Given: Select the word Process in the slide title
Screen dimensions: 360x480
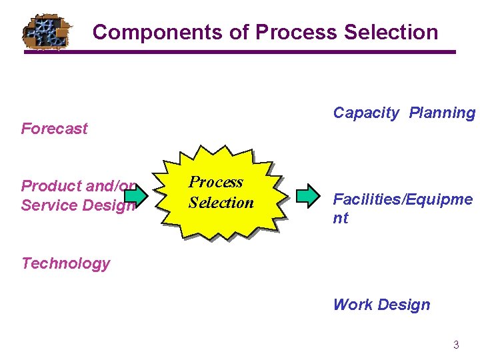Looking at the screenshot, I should (x=294, y=32).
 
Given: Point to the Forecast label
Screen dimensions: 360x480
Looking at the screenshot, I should (x=54, y=129).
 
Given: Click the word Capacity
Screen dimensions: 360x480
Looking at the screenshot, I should (x=365, y=113).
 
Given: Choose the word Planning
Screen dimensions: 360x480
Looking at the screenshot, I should (x=442, y=113).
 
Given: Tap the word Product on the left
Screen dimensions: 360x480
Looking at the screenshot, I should (x=48, y=185).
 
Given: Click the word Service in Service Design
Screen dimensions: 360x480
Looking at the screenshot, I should (x=48, y=205).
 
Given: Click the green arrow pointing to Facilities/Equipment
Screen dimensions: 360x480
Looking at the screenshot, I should (x=308, y=195).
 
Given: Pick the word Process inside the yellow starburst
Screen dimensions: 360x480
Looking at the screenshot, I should (x=215, y=182).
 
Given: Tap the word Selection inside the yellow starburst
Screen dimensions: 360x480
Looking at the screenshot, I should (x=221, y=203).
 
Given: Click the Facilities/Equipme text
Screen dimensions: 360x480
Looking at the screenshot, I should (x=403, y=199).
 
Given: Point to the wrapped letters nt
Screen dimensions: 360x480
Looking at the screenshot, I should (x=340, y=218).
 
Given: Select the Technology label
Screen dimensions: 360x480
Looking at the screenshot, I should (x=65, y=263).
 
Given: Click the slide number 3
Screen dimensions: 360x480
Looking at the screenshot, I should (x=456, y=345).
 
